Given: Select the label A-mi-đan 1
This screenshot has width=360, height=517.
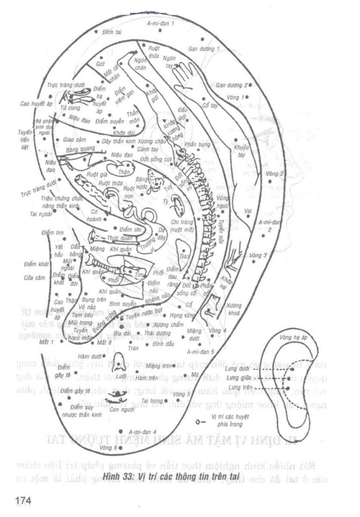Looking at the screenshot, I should pyautogui.click(x=161, y=24).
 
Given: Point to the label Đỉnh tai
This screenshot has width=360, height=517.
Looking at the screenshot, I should pyautogui.click(x=112, y=32).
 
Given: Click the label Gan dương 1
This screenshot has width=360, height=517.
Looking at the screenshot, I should pyautogui.click(x=204, y=49).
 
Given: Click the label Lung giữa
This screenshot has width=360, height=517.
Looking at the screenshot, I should pyautogui.click(x=239, y=378).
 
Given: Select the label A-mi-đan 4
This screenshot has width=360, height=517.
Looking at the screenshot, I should pyautogui.click(x=142, y=431).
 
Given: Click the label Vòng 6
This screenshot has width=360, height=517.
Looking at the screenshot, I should pyautogui.click(x=108, y=448).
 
